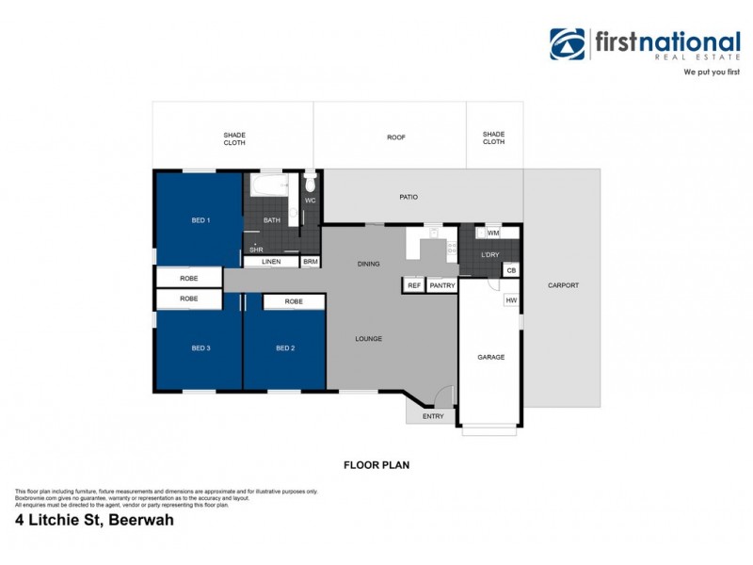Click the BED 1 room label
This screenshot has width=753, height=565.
tap(200, 220)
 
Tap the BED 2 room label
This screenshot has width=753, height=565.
tap(285, 348)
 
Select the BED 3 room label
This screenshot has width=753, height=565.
tap(200, 348)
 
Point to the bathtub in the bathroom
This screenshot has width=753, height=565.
tap(271, 187)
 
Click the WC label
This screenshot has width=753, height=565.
tap(310, 201)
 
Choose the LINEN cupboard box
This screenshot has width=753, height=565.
tap(271, 261)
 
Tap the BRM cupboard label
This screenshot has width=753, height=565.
tap(311, 261)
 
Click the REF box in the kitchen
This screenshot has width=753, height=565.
tap(413, 284)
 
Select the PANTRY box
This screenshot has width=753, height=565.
tap(441, 284)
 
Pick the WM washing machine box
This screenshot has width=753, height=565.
tap(492, 233)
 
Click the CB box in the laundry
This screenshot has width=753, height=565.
tap(510, 271)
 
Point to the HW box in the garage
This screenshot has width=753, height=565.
tap(511, 300)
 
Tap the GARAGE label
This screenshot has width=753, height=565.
tap(490, 357)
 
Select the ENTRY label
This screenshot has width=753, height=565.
tap(433, 415)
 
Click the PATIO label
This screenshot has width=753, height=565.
tap(408, 197)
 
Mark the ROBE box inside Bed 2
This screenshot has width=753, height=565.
tap(294, 302)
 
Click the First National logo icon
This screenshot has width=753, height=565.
tap(568, 44)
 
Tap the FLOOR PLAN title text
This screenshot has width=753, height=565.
tap(375, 464)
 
